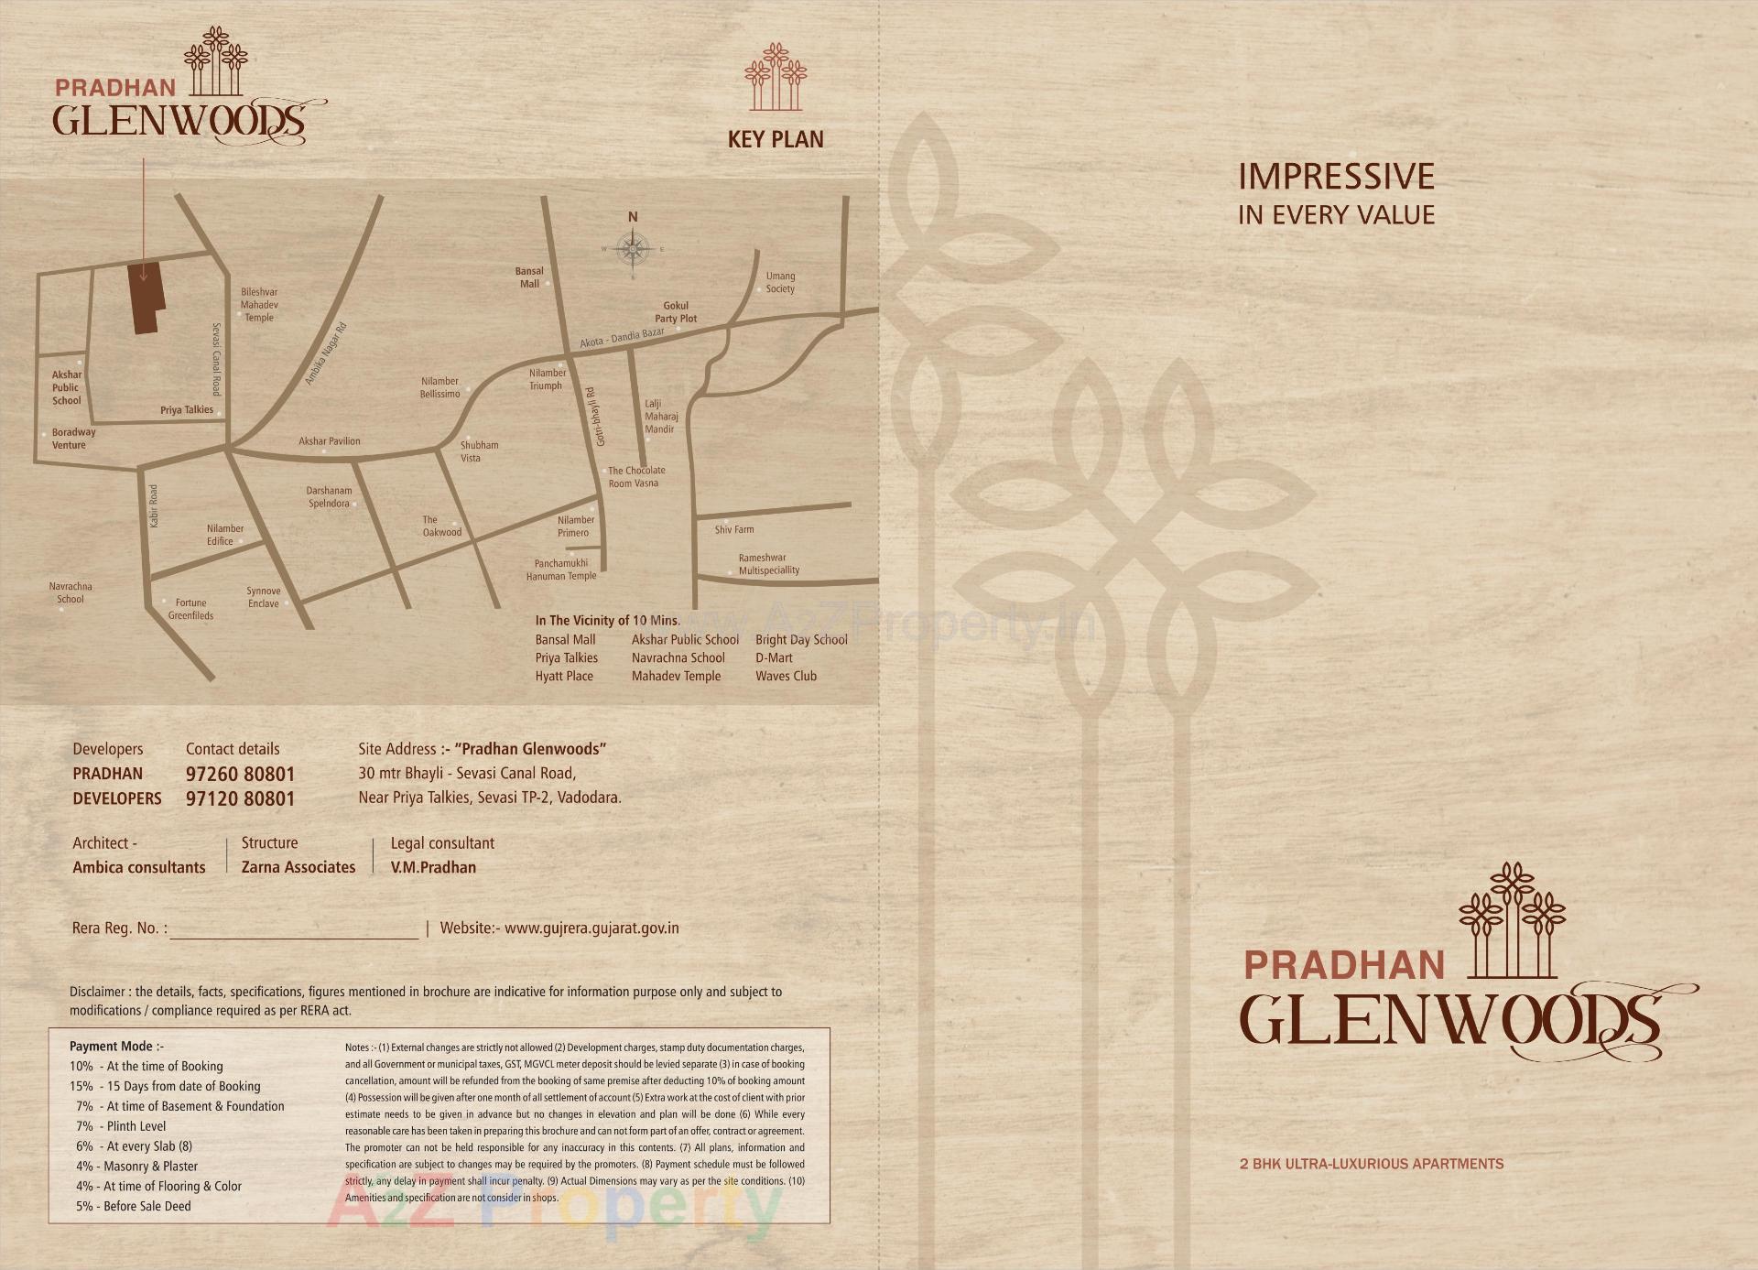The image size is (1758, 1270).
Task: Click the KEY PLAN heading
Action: [x=775, y=139]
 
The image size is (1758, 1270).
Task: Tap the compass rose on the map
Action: [x=633, y=248]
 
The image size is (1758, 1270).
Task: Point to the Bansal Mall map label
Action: [x=529, y=277]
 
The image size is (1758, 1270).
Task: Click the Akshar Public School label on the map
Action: [x=66, y=387]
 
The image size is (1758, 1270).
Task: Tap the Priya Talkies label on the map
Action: [x=187, y=409]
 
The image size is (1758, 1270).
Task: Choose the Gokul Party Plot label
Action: [x=676, y=312]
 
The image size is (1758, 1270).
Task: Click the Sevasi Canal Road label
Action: [x=216, y=359]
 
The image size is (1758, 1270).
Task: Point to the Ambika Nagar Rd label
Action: [x=326, y=353]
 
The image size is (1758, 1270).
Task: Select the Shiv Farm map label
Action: [x=734, y=529]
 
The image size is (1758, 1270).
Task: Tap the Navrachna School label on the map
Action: [x=71, y=592]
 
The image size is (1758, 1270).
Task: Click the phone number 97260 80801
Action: [x=240, y=775]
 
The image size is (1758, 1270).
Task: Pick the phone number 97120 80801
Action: [x=240, y=798]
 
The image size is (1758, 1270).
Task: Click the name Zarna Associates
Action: [x=298, y=867]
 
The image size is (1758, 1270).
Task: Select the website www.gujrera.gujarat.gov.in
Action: [x=591, y=928]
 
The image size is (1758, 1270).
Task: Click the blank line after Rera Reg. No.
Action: [x=294, y=930]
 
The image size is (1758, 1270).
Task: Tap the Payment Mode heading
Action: [x=116, y=1046]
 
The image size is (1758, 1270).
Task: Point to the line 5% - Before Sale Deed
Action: [x=134, y=1206]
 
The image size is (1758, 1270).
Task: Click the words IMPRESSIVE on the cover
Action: [x=1336, y=177]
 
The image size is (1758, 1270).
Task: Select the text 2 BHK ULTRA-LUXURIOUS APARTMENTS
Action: [x=1372, y=1164]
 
